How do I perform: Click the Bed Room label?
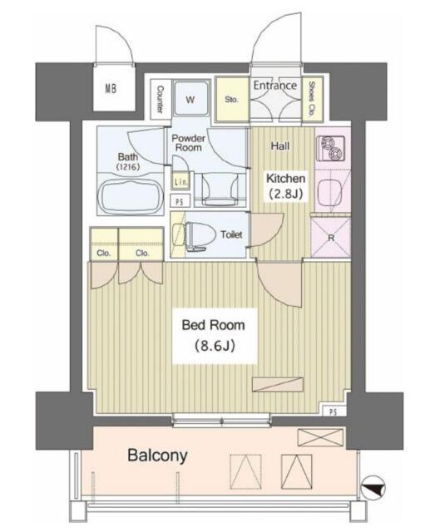pyautogui.click(x=213, y=325)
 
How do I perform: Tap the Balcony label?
pyautogui.click(x=157, y=456)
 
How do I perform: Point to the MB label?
pyautogui.click(x=111, y=89)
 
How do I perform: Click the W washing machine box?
pyautogui.click(x=190, y=99)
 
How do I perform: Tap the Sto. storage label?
pyautogui.click(x=231, y=100)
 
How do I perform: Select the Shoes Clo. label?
pyautogui.click(x=311, y=99)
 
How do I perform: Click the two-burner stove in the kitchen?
pyautogui.click(x=331, y=149)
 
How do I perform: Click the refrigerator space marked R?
pyautogui.click(x=331, y=238)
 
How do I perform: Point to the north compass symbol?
pyautogui.click(x=373, y=489)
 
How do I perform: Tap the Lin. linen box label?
pyautogui.click(x=180, y=182)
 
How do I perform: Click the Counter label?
pyautogui.click(x=161, y=99)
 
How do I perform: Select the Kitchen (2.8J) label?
pyautogui.click(x=285, y=185)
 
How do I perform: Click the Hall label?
pyautogui.click(x=280, y=146)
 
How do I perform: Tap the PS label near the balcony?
pyautogui.click(x=334, y=411)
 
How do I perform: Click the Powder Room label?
pyautogui.click(x=189, y=143)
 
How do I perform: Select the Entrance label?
pyautogui.click(x=275, y=86)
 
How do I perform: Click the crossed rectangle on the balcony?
pyautogui.click(x=320, y=438)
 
